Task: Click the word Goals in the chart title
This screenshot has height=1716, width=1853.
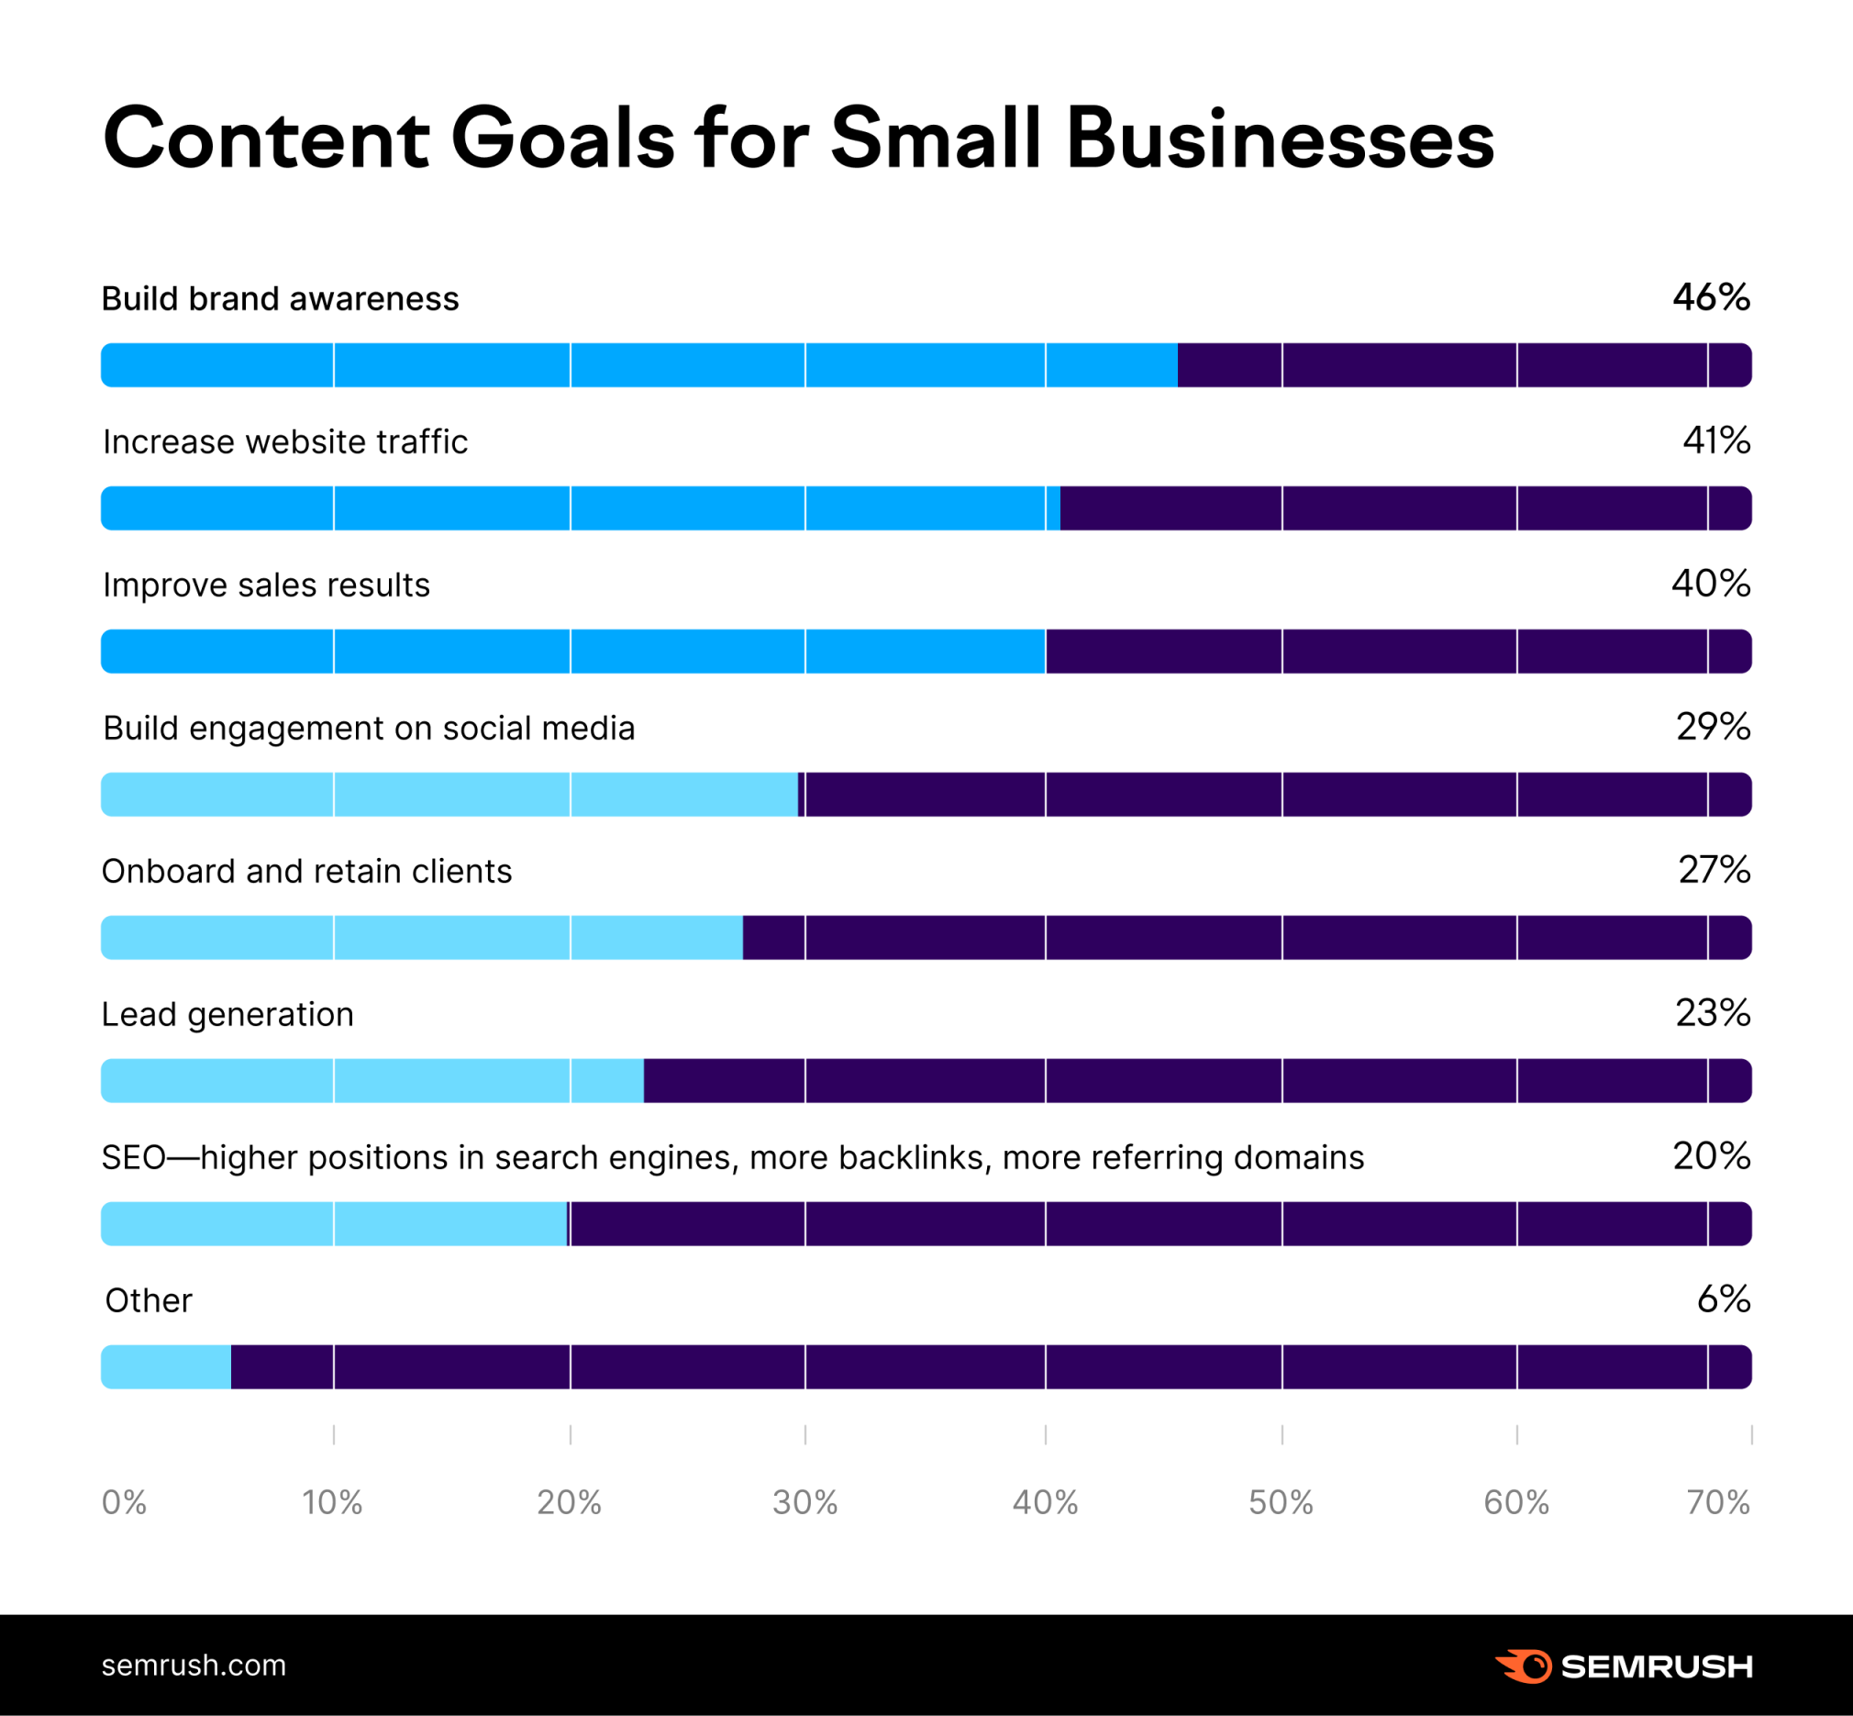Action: [562, 139]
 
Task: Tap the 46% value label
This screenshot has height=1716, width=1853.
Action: [1711, 298]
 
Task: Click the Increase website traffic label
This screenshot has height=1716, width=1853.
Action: [285, 442]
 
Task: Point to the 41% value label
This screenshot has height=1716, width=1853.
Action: [1715, 441]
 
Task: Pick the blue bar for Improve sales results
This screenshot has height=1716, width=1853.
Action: [572, 651]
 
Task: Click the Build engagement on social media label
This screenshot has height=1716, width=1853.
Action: [369, 728]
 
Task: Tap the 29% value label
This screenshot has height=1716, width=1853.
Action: [1713, 727]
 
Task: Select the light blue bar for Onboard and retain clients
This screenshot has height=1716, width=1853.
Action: [421, 938]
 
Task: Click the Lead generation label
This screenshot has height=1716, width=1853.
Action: [227, 1014]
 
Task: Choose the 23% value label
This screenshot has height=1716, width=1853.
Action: [1713, 1013]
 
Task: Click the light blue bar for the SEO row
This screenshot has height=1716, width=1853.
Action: [334, 1224]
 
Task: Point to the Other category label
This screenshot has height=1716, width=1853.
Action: [149, 1300]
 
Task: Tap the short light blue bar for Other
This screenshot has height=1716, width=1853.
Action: [166, 1367]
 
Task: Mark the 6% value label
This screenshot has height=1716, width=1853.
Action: [1723, 1299]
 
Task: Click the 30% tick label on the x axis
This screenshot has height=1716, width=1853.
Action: [804, 1502]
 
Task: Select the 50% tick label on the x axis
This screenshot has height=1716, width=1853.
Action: [1282, 1502]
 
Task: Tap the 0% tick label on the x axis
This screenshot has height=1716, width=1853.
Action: [125, 1502]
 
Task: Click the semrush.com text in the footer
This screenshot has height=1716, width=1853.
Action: [194, 1665]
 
